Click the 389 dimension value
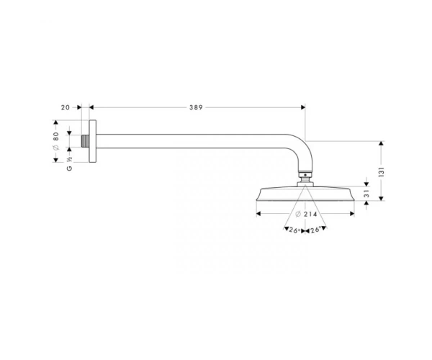point(196,107)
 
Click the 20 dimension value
point(66,107)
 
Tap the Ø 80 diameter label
point(56,140)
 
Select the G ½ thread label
point(69,163)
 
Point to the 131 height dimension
point(382,171)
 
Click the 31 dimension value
point(366,194)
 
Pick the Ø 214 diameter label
point(306,214)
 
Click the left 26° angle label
point(294,230)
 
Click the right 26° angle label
point(315,230)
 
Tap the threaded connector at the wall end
point(86,141)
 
